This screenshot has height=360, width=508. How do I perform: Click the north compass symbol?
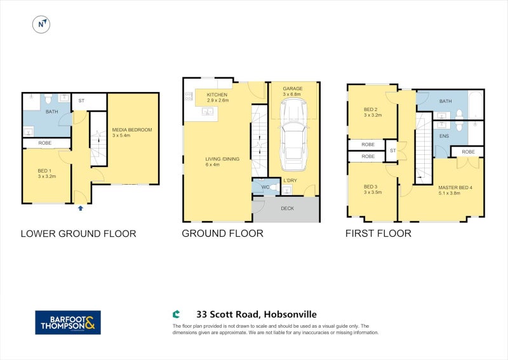(41, 25)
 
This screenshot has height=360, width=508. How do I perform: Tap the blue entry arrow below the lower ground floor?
(81, 208)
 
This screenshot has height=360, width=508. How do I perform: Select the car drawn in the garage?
(294, 134)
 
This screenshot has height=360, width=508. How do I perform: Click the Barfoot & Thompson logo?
(68, 323)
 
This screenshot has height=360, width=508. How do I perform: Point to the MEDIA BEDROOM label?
(132, 130)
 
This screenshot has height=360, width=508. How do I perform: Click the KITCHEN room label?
(217, 95)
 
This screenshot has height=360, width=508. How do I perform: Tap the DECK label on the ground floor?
(288, 208)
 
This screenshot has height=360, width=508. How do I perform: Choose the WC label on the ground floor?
(265, 187)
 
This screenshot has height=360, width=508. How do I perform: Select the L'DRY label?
(290, 180)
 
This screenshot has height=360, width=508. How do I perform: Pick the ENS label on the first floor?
(444, 136)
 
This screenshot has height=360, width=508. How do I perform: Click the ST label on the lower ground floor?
(81, 101)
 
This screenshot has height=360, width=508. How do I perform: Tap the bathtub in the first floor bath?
(475, 105)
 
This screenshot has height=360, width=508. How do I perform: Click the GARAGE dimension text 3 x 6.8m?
(292, 95)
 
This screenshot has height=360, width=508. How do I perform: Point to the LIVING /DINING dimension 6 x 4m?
(213, 164)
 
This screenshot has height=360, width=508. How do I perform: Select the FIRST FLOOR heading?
(378, 233)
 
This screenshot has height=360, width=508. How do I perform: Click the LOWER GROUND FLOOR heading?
(78, 234)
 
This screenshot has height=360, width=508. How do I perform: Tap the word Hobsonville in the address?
(290, 314)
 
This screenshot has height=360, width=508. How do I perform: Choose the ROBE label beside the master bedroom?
(469, 152)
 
